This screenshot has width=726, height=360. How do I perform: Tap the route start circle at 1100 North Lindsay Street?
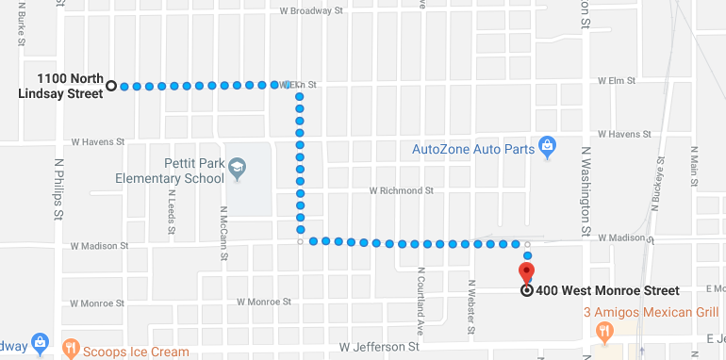(110, 86)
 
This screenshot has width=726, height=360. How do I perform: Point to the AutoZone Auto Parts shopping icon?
(546, 148)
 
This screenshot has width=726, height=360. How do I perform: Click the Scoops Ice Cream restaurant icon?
(71, 350)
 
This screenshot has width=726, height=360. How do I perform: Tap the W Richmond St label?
(401, 190)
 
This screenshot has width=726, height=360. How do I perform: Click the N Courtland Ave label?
(418, 301)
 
